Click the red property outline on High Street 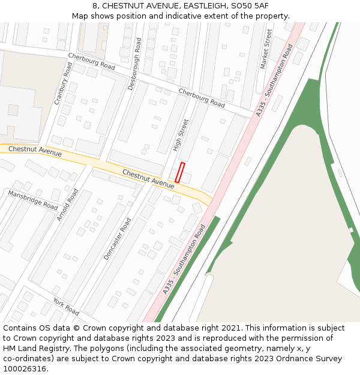(x=180, y=172)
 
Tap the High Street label (x=181, y=135)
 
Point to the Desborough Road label (x=135, y=64)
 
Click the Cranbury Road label (x=63, y=83)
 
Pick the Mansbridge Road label (x=32, y=200)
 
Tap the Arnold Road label (x=67, y=205)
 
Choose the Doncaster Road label (x=117, y=239)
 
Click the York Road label (x=66, y=306)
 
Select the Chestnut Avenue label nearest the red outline (x=148, y=179)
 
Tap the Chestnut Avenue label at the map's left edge (x=35, y=151)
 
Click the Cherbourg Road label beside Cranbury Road (x=91, y=62)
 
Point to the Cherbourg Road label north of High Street (x=202, y=98)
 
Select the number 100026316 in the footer (x=26, y=368)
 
